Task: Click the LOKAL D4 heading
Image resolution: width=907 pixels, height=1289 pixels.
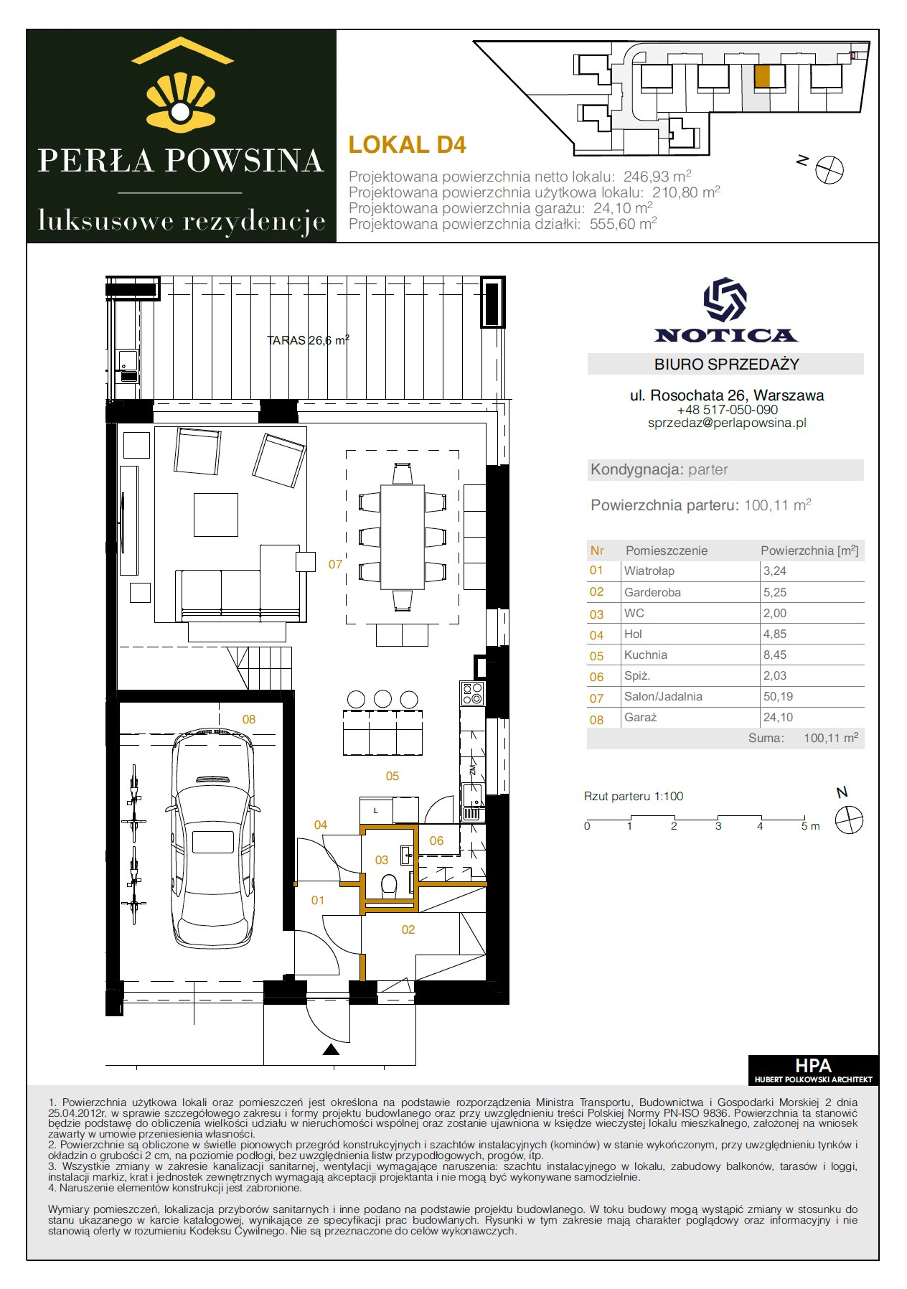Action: [407, 145]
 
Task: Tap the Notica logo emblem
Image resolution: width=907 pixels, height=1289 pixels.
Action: [725, 299]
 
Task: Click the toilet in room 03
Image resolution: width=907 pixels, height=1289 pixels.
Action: [389, 886]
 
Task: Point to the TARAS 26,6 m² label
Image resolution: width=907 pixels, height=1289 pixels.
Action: [308, 340]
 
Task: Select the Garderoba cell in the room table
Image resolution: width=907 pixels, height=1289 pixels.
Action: [652, 592]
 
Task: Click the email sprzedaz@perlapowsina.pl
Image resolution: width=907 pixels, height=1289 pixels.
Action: [727, 423]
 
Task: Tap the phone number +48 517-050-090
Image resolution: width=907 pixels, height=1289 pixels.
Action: [727, 410]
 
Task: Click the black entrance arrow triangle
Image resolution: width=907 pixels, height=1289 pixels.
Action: [331, 1049]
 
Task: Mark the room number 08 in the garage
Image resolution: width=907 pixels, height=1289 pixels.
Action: [249, 719]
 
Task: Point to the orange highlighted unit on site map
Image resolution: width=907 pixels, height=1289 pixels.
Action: [762, 76]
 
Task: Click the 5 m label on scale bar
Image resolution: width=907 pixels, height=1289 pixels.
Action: [810, 826]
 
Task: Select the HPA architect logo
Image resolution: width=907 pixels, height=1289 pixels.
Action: [813, 1069]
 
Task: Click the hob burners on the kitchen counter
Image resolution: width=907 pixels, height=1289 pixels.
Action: [472, 693]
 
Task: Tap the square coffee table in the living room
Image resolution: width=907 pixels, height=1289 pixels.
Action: [216, 515]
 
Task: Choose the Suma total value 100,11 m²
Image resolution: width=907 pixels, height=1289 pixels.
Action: [831, 738]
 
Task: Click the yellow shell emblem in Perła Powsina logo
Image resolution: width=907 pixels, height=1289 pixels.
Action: [181, 103]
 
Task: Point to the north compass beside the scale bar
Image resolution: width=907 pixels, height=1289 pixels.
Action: [849, 820]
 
